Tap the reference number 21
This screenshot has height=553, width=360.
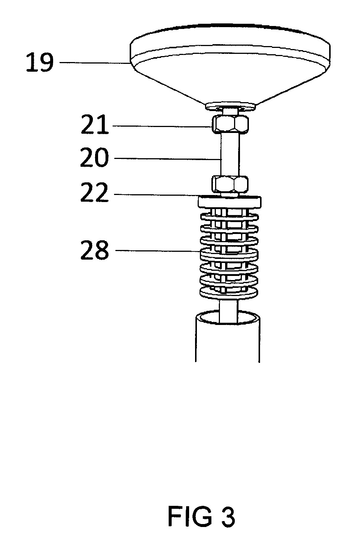tap(95, 125)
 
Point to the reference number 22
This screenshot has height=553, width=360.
tap(94, 192)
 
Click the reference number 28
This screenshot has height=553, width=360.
tap(95, 250)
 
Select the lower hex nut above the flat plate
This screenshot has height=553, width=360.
tap(230, 184)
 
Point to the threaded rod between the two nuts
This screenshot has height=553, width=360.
tap(230, 154)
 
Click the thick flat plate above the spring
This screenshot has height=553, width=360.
tap(229, 202)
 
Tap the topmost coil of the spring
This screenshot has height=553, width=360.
tap(229, 217)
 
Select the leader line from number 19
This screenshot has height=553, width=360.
tap(94, 63)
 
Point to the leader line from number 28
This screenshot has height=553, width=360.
tap(158, 251)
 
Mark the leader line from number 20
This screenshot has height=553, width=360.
tap(168, 159)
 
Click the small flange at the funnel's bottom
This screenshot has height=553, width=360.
tap(230, 106)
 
